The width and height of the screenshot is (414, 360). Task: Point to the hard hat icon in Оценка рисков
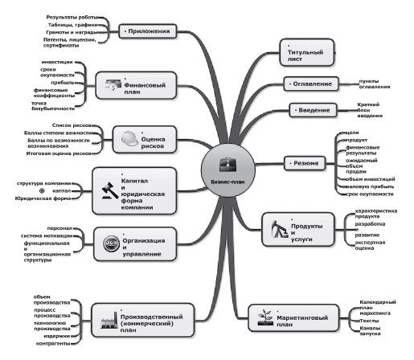pos(128,139)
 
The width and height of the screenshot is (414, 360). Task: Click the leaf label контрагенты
pos(54,342)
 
